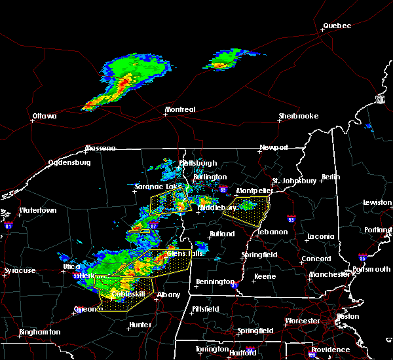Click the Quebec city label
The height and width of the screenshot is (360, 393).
[337, 26]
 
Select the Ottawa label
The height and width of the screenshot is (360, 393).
[45, 117]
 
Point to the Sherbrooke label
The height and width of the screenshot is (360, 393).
[298, 116]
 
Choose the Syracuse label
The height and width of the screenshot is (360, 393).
[19, 270]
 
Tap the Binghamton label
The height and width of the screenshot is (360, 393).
[39, 332]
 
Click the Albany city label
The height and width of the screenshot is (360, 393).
[168, 295]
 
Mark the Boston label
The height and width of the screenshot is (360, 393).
[347, 316]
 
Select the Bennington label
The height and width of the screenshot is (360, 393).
[215, 282]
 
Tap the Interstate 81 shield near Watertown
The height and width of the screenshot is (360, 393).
[9, 225]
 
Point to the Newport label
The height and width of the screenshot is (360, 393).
[273, 147]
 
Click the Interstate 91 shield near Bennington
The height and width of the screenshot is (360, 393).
[234, 285]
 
